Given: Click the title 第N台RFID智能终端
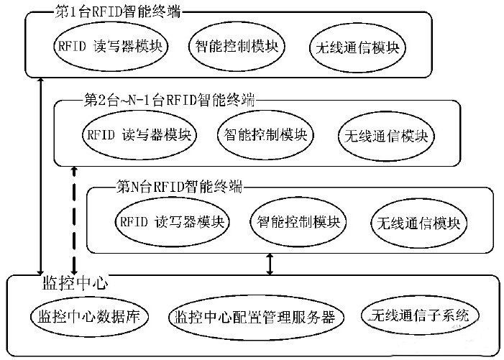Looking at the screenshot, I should [178, 187].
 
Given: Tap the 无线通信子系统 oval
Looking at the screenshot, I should [420, 316].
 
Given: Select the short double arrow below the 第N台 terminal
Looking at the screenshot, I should [270, 263].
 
